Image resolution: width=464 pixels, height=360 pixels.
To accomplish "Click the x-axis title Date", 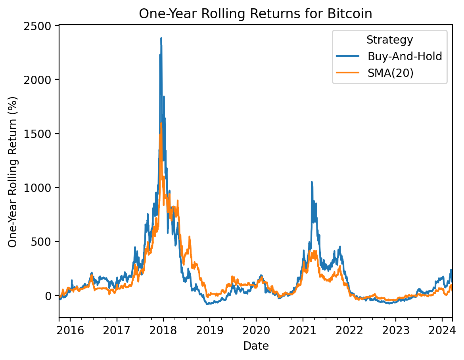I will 256,346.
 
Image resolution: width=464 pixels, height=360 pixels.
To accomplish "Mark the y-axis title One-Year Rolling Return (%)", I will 13,171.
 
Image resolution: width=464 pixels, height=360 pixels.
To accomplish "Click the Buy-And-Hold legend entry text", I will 405,56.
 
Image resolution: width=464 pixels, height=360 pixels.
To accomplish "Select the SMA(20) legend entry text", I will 391,73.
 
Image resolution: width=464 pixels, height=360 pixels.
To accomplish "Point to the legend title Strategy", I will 389,40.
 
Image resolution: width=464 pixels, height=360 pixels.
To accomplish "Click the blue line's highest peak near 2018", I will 161,38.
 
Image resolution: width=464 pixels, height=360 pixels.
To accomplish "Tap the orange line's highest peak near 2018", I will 161,123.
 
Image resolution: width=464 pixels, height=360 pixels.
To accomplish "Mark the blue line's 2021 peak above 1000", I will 312,182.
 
